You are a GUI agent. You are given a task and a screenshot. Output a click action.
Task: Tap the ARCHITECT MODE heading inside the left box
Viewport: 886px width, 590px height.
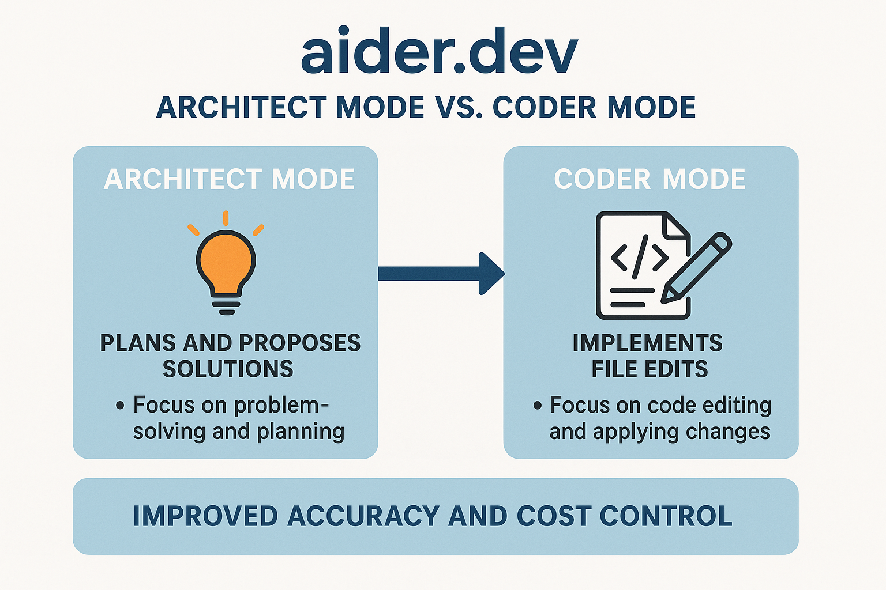click(x=229, y=179)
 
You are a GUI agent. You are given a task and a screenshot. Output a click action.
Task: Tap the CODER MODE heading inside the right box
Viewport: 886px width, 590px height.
click(x=650, y=179)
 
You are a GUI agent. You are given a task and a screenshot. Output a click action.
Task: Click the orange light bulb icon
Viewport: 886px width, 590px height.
click(x=226, y=262)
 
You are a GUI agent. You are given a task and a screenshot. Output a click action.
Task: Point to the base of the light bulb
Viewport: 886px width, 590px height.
click(x=227, y=305)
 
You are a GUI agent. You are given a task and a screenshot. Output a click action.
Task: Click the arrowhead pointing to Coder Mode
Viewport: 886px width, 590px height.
click(x=491, y=273)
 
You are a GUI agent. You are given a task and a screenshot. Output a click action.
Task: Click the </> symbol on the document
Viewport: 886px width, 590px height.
click(x=639, y=256)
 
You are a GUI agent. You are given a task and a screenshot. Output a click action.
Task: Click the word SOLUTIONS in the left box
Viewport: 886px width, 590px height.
click(x=228, y=369)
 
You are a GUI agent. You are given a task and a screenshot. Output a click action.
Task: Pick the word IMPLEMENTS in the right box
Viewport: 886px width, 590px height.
click(x=647, y=343)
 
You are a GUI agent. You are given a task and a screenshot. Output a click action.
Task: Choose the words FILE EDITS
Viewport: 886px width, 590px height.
click(x=650, y=369)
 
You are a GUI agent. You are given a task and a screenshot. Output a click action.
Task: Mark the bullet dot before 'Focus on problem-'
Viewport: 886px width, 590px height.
click(x=120, y=406)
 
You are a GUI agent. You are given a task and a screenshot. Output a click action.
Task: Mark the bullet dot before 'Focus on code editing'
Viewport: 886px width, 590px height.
click(x=538, y=406)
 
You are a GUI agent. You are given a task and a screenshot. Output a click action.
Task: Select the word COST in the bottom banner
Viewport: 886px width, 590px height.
click(x=553, y=516)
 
